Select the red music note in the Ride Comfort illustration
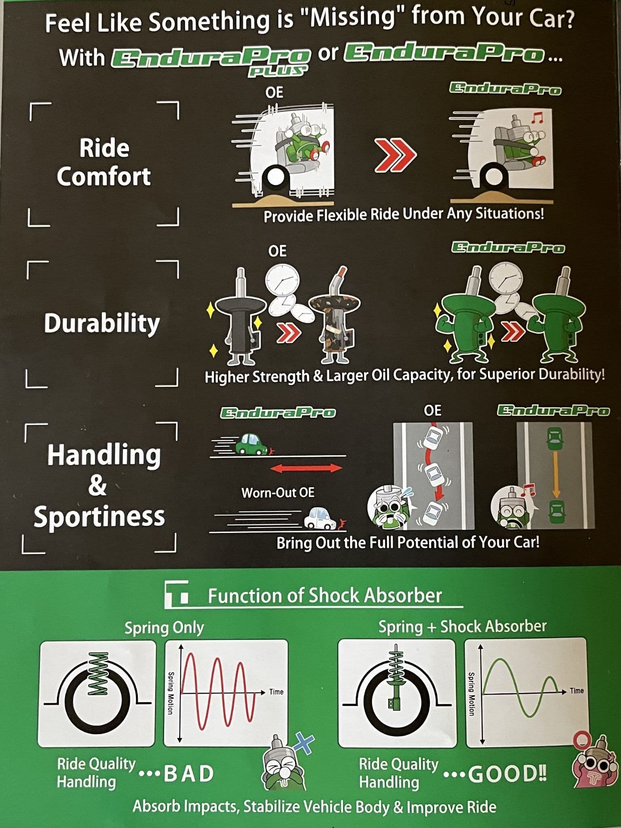[536, 118]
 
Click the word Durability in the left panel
[102, 323]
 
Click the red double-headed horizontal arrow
[306, 468]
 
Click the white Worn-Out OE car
[321, 519]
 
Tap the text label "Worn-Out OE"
[278, 492]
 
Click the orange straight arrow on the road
[556, 475]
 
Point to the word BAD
[188, 773]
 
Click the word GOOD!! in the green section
[507, 773]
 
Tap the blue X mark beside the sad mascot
[304, 743]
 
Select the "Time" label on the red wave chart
[277, 692]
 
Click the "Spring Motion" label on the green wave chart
[471, 694]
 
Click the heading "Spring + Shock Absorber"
[462, 626]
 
